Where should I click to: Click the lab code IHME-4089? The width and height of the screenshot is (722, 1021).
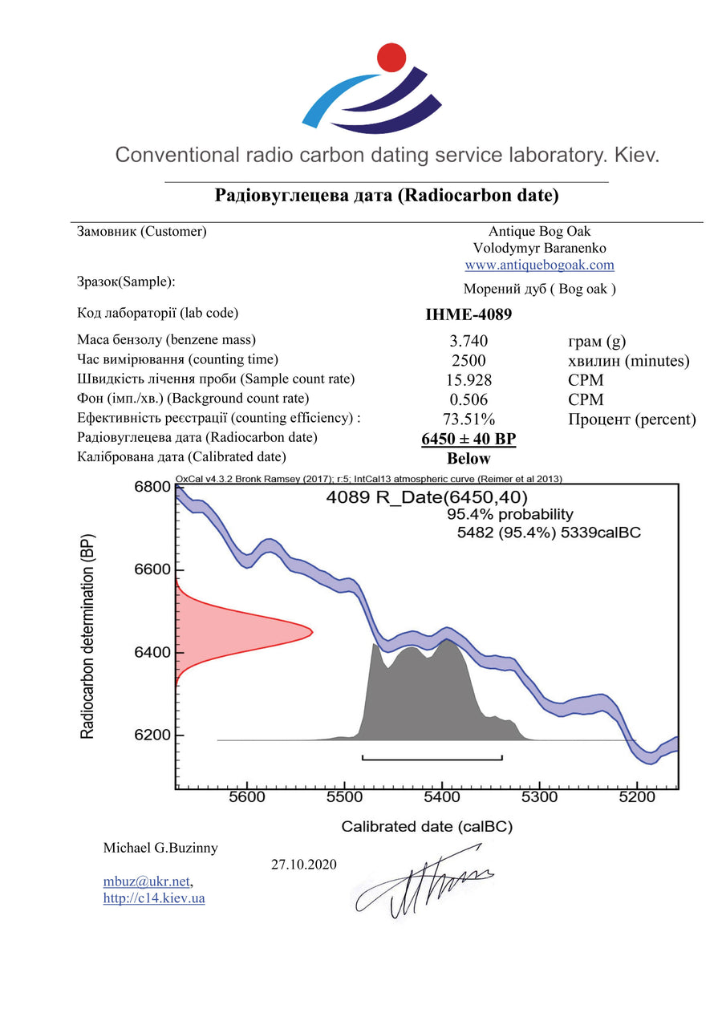(x=468, y=314)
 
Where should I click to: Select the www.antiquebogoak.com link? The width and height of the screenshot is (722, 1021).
(x=539, y=265)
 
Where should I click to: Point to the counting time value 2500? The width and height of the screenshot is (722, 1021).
(x=468, y=361)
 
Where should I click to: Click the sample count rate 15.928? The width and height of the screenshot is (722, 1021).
(x=468, y=380)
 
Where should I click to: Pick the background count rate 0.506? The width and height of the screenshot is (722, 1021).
(x=468, y=399)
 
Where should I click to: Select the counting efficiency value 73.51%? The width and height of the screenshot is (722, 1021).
(x=468, y=419)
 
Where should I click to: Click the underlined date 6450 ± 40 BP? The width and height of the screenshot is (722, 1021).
(x=468, y=439)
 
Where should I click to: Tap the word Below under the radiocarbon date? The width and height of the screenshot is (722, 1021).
(x=468, y=459)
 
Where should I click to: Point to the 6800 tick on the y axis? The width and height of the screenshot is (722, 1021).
(x=152, y=487)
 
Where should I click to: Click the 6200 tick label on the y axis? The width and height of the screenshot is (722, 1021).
(x=152, y=735)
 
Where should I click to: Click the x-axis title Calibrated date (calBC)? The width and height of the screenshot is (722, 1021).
(x=427, y=826)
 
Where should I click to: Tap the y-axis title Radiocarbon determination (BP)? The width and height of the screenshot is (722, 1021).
(x=87, y=635)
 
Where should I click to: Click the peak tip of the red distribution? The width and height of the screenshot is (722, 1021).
(x=310, y=633)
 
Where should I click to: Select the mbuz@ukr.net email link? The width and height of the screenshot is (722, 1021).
(x=147, y=881)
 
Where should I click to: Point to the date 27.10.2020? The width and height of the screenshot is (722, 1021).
(x=304, y=865)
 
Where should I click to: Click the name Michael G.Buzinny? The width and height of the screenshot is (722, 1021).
(x=160, y=848)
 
